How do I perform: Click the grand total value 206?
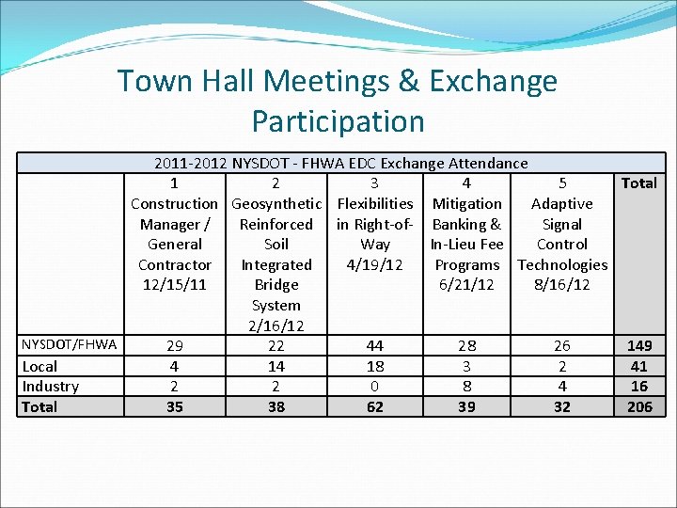(639, 406)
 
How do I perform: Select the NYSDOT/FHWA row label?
(70, 344)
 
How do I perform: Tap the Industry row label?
(51, 387)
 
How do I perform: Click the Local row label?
(39, 366)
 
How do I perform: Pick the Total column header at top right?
(639, 183)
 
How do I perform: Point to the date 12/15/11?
(174, 284)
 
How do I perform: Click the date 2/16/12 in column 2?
(276, 325)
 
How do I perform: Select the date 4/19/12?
(374, 264)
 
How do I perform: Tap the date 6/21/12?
(466, 284)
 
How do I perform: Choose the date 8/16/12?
(561, 284)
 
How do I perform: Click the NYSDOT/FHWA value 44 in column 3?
(374, 346)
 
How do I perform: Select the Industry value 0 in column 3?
(374, 387)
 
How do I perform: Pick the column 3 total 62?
(374, 407)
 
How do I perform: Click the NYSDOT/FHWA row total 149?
(639, 346)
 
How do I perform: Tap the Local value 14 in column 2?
(276, 366)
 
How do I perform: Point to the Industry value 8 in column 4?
(466, 387)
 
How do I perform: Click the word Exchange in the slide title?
(493, 81)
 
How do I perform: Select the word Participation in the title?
(338, 121)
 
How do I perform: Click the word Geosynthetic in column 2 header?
(276, 203)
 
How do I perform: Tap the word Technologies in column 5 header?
(562, 264)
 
